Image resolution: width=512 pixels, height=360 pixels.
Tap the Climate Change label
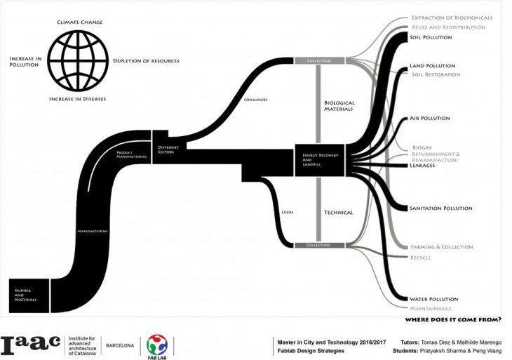point(80,22)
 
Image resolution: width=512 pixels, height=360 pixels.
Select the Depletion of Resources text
point(146,61)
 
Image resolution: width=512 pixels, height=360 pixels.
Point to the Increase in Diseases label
point(77,99)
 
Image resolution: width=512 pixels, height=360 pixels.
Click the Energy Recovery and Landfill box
point(319,159)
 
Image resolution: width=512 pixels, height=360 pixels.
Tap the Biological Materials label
point(339,106)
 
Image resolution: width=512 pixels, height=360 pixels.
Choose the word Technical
point(338,213)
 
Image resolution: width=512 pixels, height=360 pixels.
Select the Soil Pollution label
point(431,37)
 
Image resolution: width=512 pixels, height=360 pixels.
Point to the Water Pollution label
point(433,299)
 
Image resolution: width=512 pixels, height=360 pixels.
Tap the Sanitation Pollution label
point(441,208)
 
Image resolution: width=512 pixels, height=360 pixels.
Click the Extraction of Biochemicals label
point(452,18)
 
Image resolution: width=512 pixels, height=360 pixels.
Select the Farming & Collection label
point(440,247)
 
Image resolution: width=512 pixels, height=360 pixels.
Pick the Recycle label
point(421,258)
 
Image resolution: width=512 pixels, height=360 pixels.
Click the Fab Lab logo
point(157,346)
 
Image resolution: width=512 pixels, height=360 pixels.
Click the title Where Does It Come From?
point(453,320)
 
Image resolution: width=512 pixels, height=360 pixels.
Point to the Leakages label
point(424,166)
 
